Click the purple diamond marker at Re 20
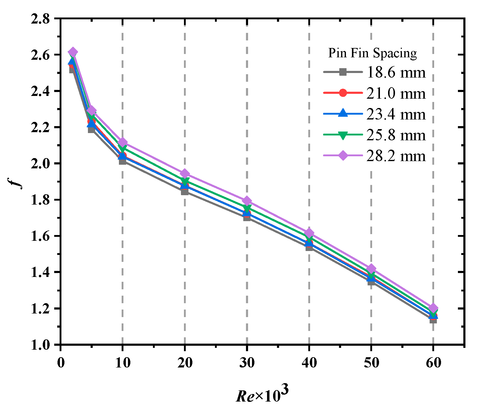(x=185, y=174)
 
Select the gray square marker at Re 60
(x=433, y=319)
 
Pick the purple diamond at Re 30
(x=247, y=201)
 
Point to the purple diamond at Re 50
(x=371, y=269)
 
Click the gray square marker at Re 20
(x=185, y=192)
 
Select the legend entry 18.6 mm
(x=396, y=72)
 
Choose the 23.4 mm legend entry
(x=396, y=114)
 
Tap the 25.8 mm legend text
(x=396, y=135)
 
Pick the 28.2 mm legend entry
(x=396, y=156)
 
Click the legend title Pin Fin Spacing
(x=372, y=53)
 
